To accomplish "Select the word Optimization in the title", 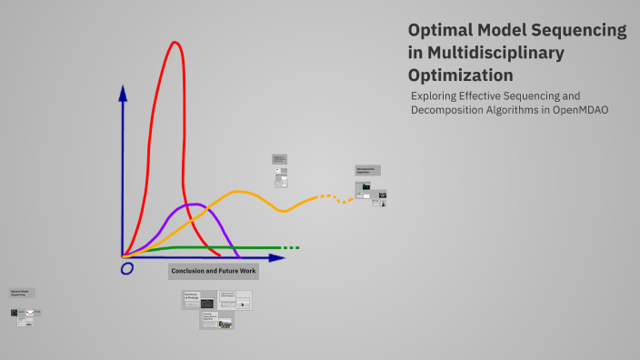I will tap(460, 75).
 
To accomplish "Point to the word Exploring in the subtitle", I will tap(435, 95).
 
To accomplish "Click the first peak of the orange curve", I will tap(239, 192).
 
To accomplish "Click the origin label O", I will tap(126, 268).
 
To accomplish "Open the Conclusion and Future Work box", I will tap(214, 272).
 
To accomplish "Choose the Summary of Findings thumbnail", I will tap(199, 300).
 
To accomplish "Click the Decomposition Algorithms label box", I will tap(367, 170).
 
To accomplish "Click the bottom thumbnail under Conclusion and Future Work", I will tap(216, 320).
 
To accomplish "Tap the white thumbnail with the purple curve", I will tap(35, 313).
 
